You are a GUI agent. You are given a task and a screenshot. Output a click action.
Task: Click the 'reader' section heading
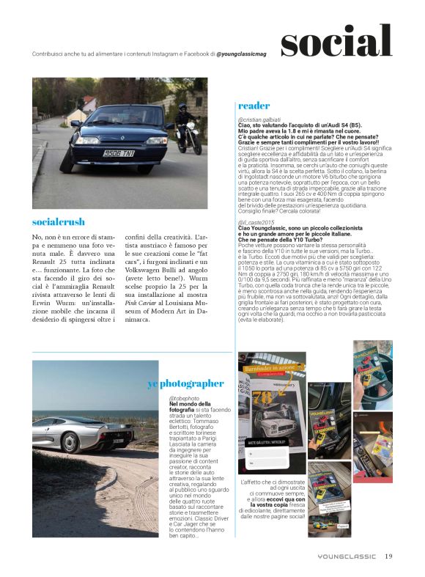click(254, 106)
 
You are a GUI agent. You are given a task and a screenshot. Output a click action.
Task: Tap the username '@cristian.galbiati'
click(262, 119)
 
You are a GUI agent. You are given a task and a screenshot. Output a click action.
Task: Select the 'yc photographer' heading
click(185, 383)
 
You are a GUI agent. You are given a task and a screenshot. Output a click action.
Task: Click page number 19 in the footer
click(389, 555)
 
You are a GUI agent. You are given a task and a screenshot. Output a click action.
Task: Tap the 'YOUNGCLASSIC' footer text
click(347, 556)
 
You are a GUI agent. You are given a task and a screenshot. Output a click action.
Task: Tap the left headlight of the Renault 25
click(87, 139)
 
